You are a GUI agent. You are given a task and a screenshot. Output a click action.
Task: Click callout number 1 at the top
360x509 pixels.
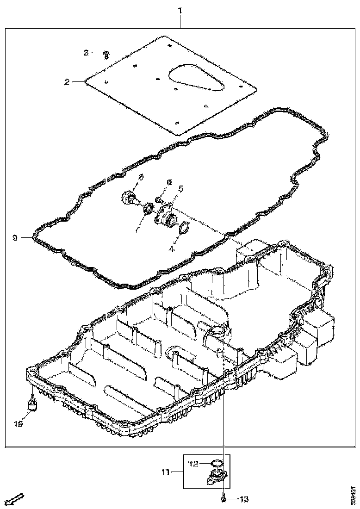click(x=180, y=10)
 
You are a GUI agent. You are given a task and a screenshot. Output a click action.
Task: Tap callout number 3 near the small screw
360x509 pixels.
click(x=86, y=53)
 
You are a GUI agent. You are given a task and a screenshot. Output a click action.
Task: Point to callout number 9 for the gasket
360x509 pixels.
click(x=15, y=238)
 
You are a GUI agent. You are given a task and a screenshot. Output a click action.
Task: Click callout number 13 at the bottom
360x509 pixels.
click(x=244, y=499)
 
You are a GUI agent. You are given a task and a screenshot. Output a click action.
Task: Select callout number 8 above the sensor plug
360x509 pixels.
click(x=141, y=177)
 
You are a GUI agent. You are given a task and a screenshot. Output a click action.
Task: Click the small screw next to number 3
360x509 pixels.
click(x=106, y=54)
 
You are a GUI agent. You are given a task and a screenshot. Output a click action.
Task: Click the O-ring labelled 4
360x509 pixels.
click(x=184, y=227)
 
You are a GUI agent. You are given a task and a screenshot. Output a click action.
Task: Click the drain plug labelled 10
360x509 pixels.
click(x=32, y=403)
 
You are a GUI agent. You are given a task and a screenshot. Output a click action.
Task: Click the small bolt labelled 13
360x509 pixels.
click(x=223, y=499)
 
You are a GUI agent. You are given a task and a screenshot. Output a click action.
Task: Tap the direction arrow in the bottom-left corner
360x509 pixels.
click(x=15, y=499)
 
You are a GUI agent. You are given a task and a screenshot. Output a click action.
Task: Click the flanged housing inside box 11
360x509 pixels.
click(x=216, y=477)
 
